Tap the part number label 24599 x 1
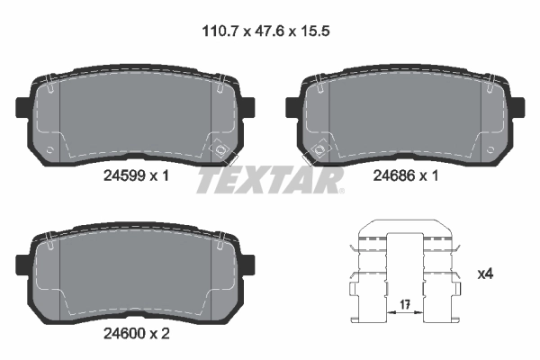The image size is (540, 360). (131, 177)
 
